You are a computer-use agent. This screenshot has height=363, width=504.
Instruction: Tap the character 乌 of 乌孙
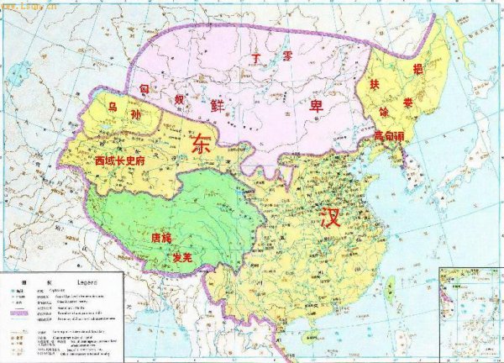pos(113,107)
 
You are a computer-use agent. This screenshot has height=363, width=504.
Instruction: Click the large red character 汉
pos(330,219)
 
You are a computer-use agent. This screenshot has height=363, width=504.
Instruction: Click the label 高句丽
pos(389,134)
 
